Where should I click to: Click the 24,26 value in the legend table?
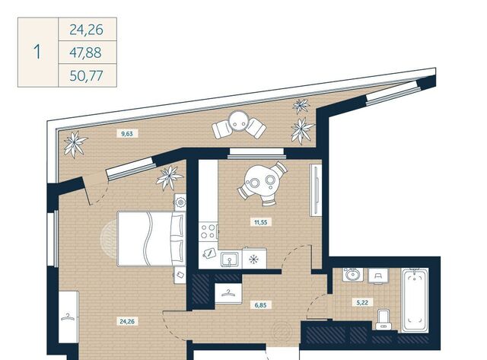(x=86, y=30)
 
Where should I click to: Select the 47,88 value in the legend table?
(x=85, y=53)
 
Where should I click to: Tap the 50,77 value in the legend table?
(x=86, y=76)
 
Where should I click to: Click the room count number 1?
(x=37, y=52)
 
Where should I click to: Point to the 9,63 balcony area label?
(x=127, y=134)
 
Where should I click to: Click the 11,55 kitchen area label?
(x=260, y=222)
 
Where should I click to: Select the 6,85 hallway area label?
(x=260, y=305)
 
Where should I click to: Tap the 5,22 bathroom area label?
(x=363, y=302)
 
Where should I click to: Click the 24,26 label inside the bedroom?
(x=127, y=321)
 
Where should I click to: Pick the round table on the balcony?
(x=238, y=121)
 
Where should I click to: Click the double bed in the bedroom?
(x=151, y=239)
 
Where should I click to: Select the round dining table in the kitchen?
(x=261, y=180)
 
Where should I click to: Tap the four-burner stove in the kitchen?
(x=208, y=231)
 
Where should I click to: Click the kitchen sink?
(x=230, y=260)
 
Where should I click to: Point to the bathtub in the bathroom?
(x=415, y=301)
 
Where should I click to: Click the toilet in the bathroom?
(x=384, y=320)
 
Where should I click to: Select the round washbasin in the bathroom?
(x=352, y=275)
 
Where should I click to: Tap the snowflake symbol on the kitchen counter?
(x=254, y=259)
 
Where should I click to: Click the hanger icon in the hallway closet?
(x=228, y=292)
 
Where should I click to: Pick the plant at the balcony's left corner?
(x=75, y=145)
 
